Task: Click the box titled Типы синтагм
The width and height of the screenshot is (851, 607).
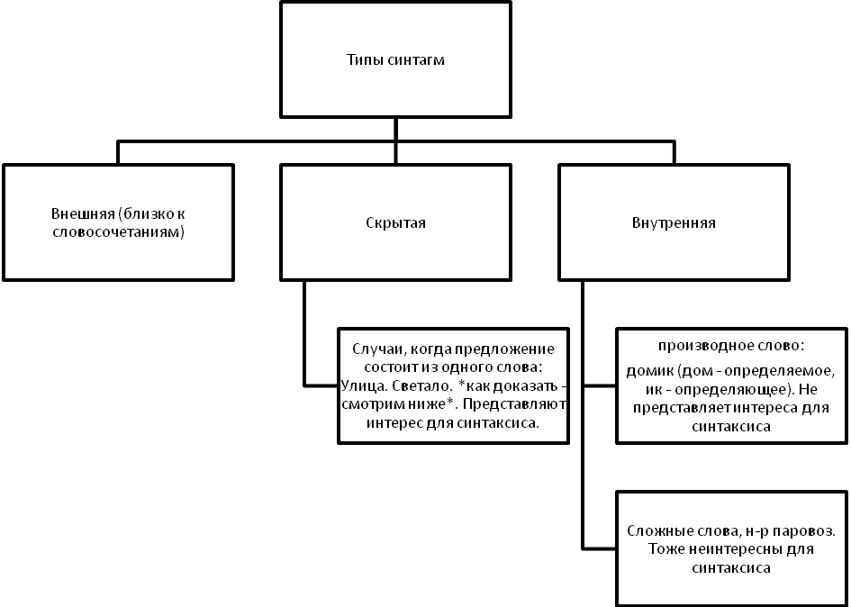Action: (396, 59)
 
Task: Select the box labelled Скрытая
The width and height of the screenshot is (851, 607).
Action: (396, 222)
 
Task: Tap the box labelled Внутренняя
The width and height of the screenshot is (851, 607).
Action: (674, 222)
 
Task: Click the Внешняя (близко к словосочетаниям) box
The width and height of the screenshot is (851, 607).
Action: (118, 222)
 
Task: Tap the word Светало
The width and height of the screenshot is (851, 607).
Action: (422, 385)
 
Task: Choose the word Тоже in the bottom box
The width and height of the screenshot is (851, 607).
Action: (663, 549)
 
